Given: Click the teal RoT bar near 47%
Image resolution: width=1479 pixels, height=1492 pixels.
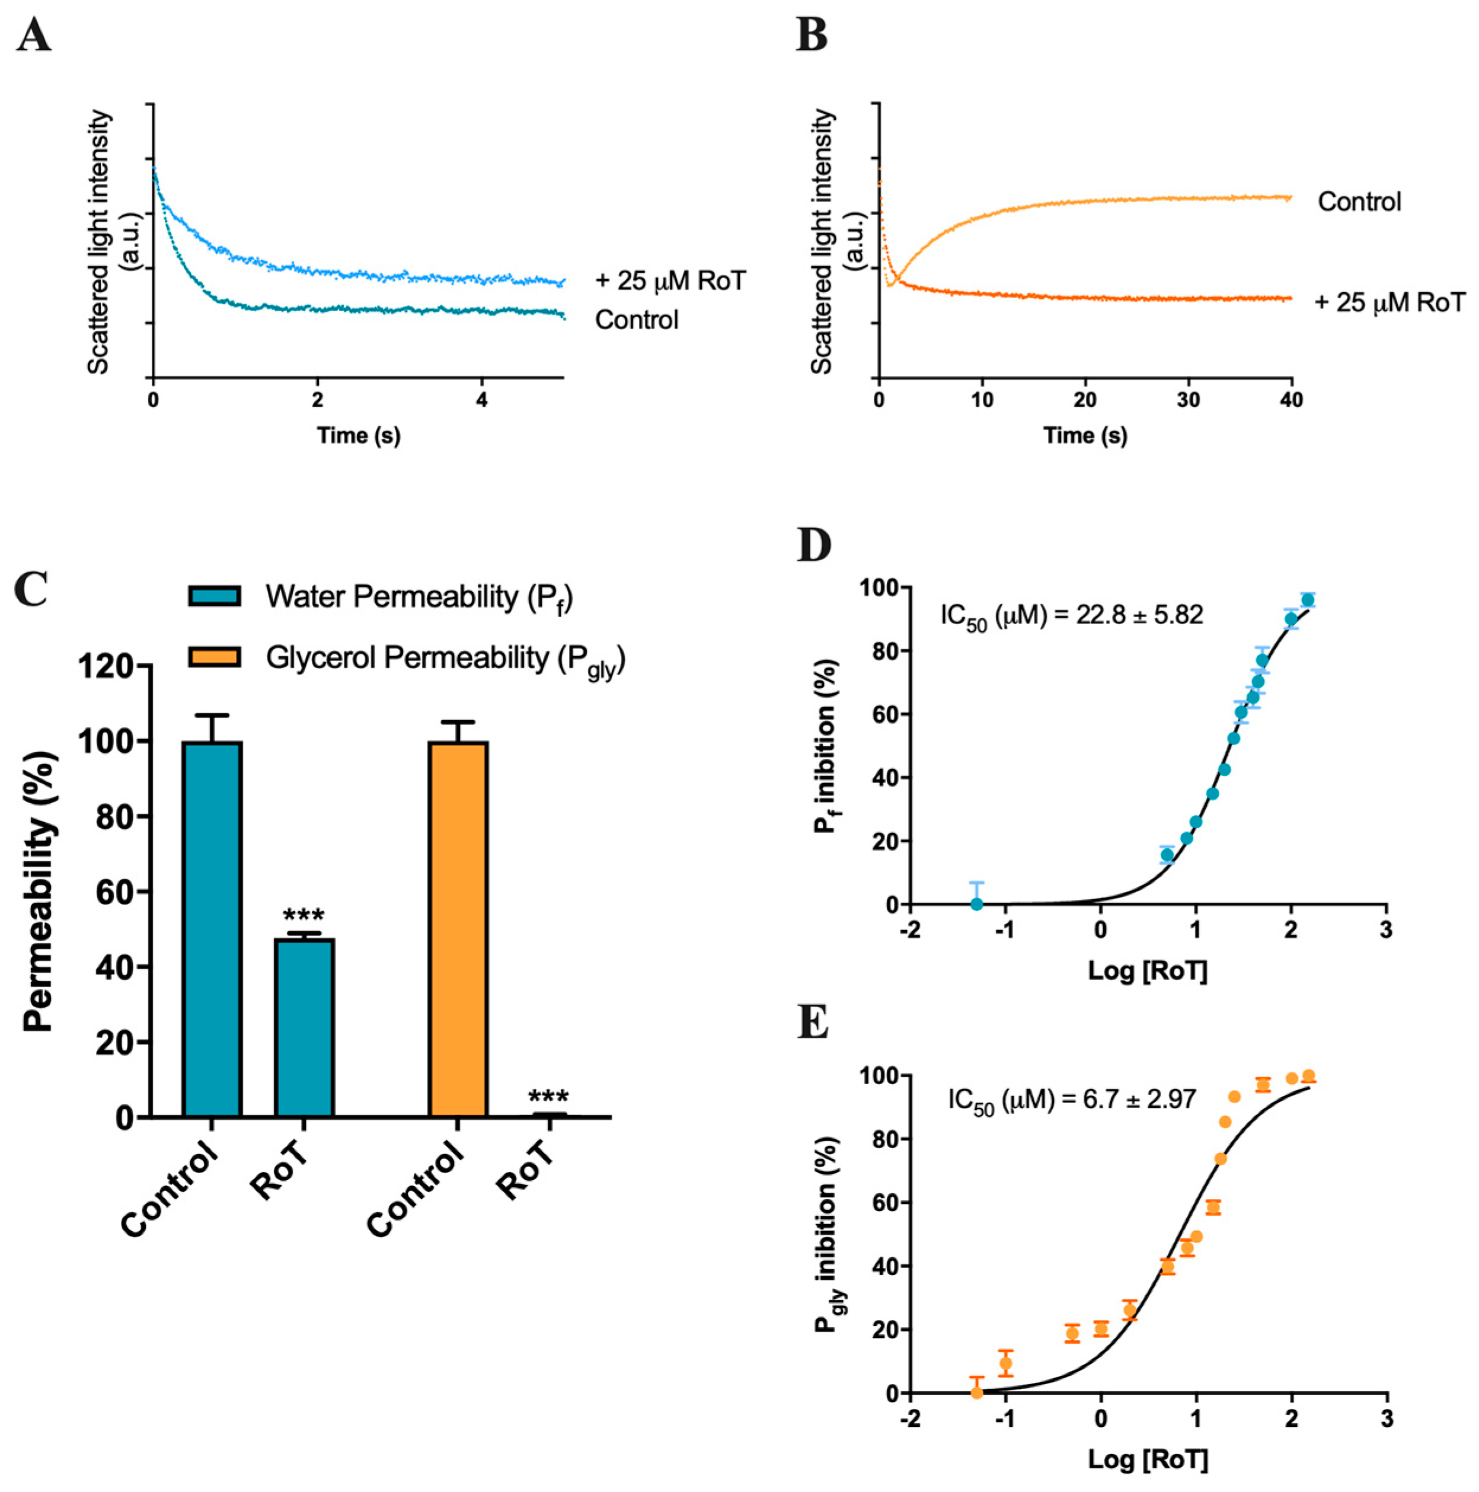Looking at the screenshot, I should pos(304,1027).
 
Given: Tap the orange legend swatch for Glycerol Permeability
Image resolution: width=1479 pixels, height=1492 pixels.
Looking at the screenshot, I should pos(215,656).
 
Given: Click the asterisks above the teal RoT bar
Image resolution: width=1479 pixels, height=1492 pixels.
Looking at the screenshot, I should pos(304,916).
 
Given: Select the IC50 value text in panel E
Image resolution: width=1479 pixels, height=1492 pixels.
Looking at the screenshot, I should pos(1072,1099).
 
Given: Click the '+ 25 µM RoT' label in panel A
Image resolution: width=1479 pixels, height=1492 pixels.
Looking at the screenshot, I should pos(670,280).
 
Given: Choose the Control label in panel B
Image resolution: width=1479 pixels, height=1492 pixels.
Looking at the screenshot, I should pos(1359,202).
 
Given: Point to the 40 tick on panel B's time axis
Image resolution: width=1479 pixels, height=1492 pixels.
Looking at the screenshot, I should pos(1291,400).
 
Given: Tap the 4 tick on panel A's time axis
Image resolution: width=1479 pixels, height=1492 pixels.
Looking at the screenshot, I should pos(482,400).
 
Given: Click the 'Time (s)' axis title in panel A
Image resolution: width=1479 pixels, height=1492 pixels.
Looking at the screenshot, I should pos(359,436).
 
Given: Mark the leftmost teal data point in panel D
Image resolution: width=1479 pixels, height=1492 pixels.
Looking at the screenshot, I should pos(977,903).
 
